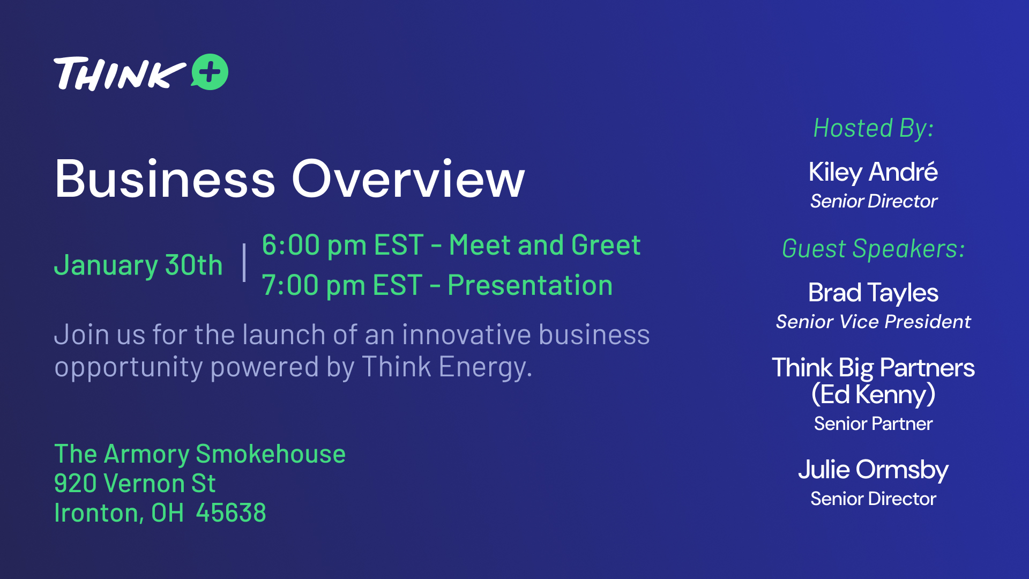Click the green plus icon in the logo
(x=210, y=72)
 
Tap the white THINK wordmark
(x=120, y=73)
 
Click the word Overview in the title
(x=408, y=179)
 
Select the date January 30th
(x=138, y=265)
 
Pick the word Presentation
(x=530, y=285)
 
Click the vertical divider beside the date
(x=244, y=263)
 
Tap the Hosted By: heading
(x=874, y=129)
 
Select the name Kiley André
(x=873, y=172)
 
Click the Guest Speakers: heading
(x=873, y=249)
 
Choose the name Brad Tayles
(x=873, y=293)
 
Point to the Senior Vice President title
(x=873, y=322)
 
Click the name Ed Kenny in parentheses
(x=873, y=395)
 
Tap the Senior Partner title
(x=873, y=424)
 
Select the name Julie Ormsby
(x=873, y=470)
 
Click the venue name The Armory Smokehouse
(x=200, y=454)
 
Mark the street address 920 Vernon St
(x=135, y=484)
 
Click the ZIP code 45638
(x=231, y=513)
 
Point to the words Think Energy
(x=447, y=367)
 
